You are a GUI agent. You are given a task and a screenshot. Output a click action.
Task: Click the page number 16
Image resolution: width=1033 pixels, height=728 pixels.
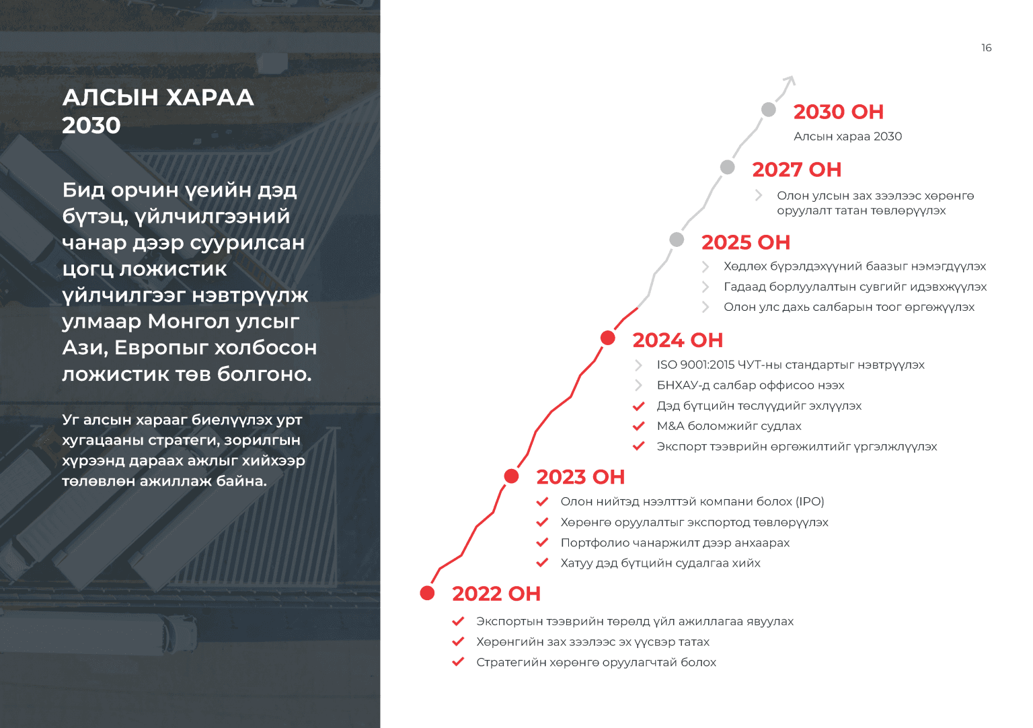(x=986, y=48)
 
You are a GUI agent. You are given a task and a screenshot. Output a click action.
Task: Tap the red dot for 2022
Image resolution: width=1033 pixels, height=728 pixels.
(x=427, y=593)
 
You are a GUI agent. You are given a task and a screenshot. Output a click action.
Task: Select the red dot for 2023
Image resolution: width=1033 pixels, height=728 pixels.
(x=511, y=476)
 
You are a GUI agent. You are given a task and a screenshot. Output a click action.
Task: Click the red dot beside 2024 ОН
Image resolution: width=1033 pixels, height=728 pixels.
(x=608, y=338)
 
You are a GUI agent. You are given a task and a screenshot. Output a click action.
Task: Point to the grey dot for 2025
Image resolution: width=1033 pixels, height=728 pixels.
(x=677, y=240)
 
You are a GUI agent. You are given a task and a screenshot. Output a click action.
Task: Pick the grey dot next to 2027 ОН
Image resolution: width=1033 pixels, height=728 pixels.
(x=727, y=167)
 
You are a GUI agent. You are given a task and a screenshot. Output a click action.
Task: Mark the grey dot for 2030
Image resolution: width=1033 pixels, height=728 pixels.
(x=769, y=110)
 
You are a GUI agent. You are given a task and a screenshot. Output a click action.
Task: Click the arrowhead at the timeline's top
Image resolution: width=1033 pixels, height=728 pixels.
(x=791, y=81)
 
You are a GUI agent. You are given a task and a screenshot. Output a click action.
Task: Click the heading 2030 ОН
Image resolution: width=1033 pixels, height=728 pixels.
(x=838, y=112)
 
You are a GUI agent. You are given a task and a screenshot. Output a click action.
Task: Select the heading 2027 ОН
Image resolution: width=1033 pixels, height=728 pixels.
(x=796, y=170)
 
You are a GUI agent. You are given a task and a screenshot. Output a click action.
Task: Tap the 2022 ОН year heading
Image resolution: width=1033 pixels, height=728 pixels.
(x=496, y=593)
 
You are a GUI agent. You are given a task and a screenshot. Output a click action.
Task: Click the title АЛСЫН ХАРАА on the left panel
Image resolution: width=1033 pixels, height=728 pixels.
(x=158, y=98)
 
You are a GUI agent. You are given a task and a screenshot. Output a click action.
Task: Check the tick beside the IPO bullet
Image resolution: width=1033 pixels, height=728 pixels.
(x=542, y=501)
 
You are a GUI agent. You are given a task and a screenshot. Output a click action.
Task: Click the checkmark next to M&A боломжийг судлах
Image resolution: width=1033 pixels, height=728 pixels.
(x=638, y=426)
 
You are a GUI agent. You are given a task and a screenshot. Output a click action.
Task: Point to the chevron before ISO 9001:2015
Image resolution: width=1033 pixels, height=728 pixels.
(x=638, y=365)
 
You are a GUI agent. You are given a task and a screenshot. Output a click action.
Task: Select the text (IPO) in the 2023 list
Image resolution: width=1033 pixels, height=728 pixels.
(x=810, y=501)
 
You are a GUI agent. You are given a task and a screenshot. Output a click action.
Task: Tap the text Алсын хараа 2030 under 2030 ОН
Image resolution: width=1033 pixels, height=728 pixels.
(x=847, y=137)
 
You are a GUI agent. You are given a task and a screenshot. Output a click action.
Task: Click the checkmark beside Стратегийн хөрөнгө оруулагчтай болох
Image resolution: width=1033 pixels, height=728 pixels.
(x=458, y=662)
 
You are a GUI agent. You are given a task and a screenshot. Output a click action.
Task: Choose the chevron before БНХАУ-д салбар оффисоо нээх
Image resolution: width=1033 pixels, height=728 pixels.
(x=638, y=385)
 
